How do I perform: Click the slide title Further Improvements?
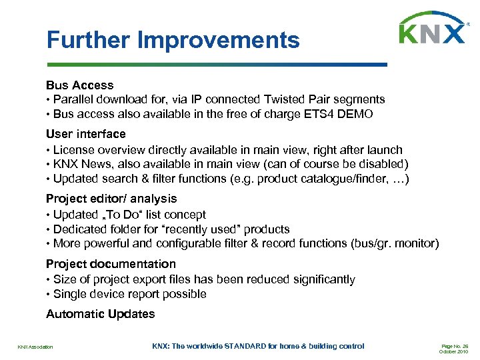point(173,40)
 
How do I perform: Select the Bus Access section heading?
point(79,85)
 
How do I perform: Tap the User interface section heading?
point(85,134)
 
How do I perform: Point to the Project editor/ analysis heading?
point(111,199)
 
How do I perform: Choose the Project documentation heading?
point(111,264)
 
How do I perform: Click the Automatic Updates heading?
point(100,314)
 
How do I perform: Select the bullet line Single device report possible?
point(130,295)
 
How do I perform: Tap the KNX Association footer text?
point(35,347)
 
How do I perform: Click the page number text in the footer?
point(456,345)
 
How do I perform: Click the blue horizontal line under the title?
point(216,65)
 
